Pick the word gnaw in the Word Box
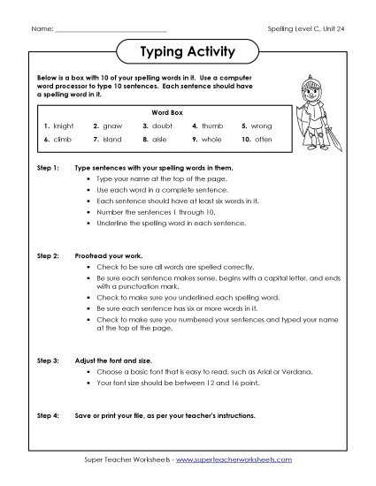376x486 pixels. tap(112, 126)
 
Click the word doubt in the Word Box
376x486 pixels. tap(164, 126)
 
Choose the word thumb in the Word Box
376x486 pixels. tap(213, 126)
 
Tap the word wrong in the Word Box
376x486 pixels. tap(263, 126)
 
